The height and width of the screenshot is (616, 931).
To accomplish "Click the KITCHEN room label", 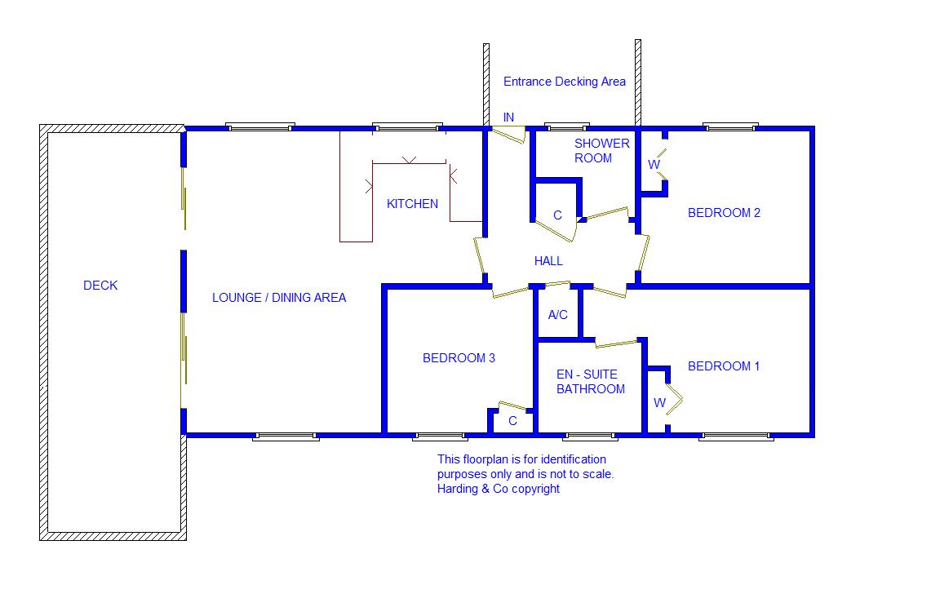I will point(412,204).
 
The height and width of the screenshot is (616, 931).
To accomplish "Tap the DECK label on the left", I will point(100,286).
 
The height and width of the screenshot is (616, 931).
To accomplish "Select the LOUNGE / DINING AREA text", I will point(279,298).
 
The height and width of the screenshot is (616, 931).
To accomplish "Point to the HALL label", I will point(548,261).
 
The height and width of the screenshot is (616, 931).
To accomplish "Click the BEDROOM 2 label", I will point(724,213).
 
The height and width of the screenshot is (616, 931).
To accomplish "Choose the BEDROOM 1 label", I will point(723,366).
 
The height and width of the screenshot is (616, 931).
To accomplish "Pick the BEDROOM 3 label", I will point(459,358).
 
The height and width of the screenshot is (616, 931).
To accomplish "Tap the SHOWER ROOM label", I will point(602,151).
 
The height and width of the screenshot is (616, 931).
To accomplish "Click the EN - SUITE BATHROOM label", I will point(591,382).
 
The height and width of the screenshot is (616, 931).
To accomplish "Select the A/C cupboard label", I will point(558,315).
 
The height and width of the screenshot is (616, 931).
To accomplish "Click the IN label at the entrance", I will point(508,117).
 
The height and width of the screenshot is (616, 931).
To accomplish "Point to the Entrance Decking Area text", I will point(565,82).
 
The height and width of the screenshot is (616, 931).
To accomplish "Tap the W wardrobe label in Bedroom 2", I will point(654,165).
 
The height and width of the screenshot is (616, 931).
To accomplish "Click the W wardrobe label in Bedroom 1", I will point(659,403).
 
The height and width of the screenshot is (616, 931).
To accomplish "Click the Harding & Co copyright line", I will point(499,489).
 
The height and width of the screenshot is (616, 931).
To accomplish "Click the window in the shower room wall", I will point(566,127).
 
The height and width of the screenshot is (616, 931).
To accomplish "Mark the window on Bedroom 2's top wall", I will point(730,127).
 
